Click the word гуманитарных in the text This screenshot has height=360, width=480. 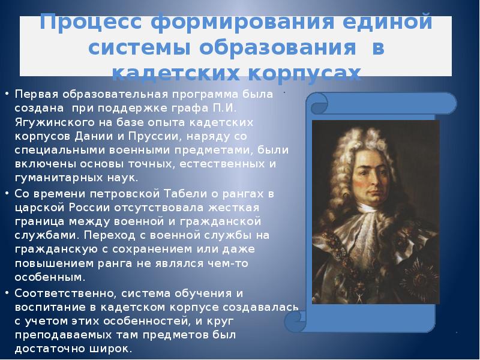click(51, 178)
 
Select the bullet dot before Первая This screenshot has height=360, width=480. click(8, 95)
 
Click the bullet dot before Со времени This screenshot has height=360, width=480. click(8, 193)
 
